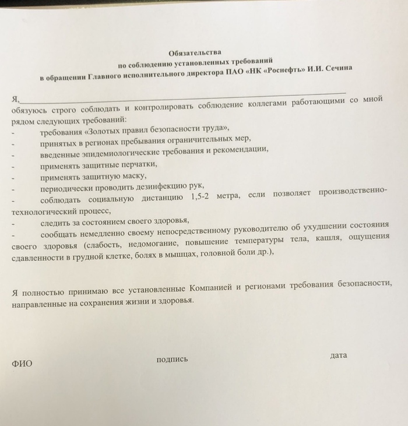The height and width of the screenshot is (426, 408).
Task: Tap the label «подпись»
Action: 173,359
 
